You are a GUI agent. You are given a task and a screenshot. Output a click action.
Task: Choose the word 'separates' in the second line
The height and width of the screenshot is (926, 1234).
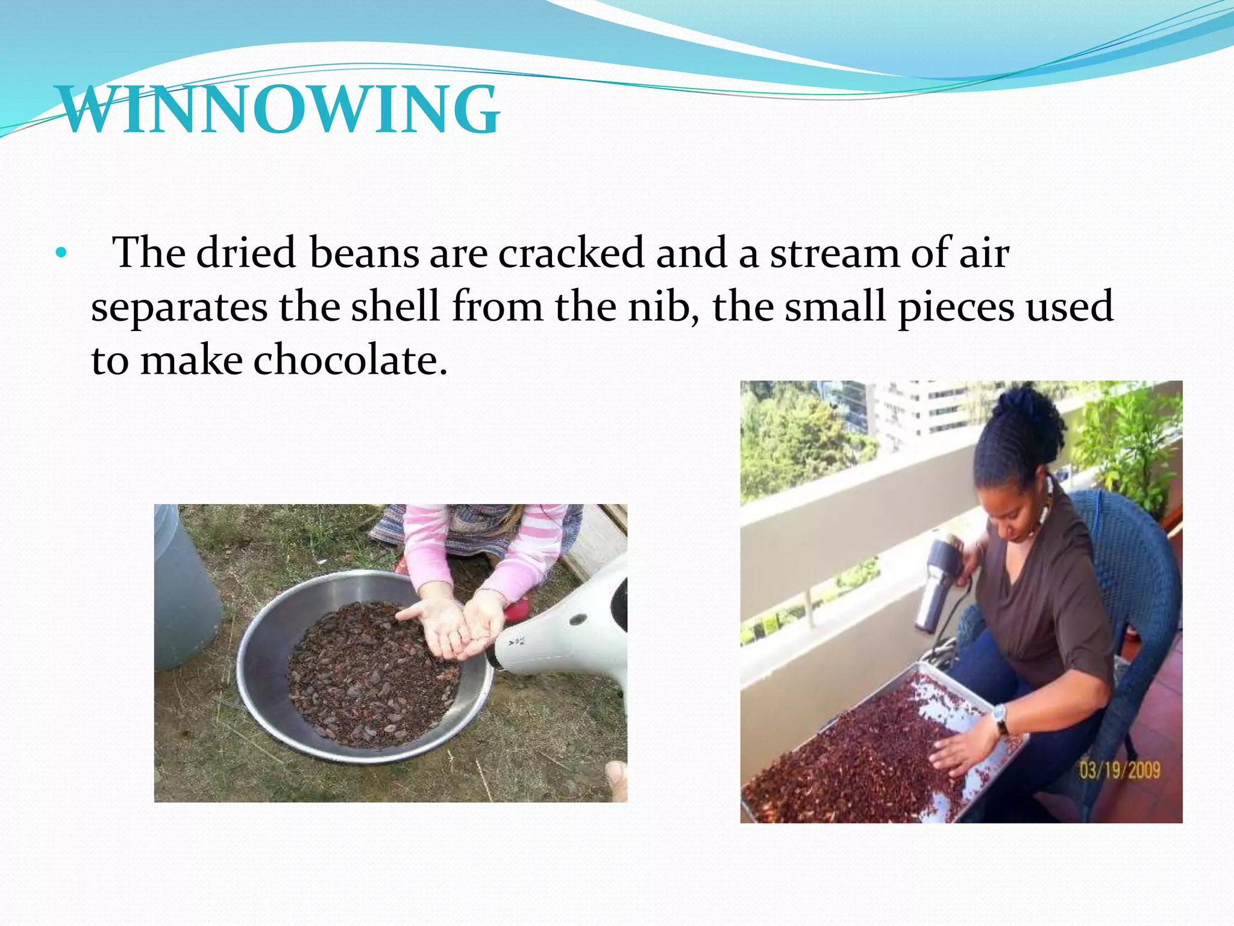pos(179,306)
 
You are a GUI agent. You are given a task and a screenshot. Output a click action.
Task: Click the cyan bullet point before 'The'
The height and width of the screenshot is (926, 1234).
pos(60,253)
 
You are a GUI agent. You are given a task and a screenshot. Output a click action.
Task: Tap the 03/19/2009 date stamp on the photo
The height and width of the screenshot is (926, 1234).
pos(1119,770)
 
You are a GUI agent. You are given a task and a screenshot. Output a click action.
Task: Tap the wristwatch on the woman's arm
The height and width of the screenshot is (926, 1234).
pos(1000,719)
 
